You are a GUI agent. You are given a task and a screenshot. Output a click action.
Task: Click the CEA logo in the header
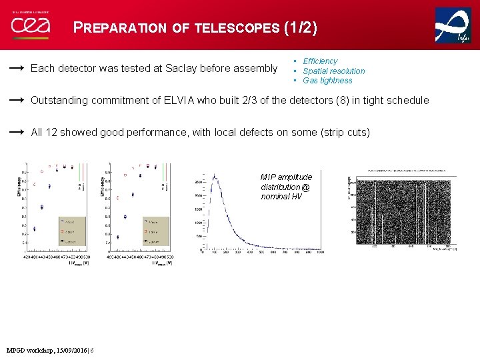30,26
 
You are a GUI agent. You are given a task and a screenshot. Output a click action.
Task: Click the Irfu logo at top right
453,26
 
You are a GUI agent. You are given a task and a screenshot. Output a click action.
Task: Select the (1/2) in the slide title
301,27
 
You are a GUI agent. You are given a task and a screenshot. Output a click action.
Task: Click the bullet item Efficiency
320,61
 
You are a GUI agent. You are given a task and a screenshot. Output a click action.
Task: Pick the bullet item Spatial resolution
333,71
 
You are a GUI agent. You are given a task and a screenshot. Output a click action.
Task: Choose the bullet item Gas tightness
327,81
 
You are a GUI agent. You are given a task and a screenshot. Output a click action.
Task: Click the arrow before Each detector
17,68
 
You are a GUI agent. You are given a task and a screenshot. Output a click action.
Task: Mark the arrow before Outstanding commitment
17,101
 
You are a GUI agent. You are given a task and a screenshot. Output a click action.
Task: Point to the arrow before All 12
17,133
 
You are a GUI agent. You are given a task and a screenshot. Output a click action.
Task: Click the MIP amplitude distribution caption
286,187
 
